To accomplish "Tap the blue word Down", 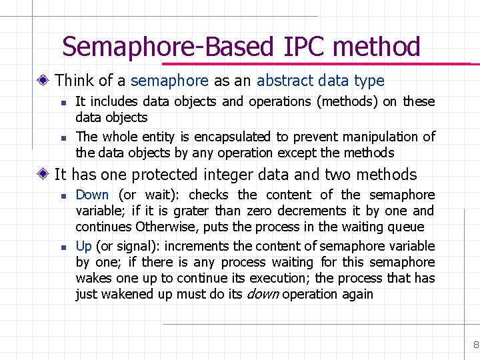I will point(92,195).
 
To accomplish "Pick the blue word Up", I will point(84,246).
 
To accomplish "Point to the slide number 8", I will point(475,345).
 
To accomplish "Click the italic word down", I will point(263,294).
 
